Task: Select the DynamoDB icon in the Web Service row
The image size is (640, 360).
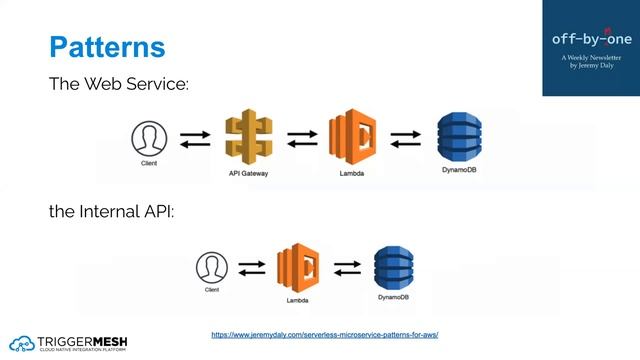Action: (x=460, y=136)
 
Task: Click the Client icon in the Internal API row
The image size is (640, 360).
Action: (x=211, y=267)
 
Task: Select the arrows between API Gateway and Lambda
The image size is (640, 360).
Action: (x=301, y=138)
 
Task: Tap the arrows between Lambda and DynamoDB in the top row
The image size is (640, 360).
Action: (x=405, y=138)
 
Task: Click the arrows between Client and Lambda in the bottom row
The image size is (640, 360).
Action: (x=252, y=268)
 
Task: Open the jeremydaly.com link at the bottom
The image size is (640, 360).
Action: (x=325, y=333)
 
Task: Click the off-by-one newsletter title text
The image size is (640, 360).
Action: (x=591, y=39)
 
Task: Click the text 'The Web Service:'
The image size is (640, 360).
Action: (x=119, y=84)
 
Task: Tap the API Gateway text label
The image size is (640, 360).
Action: (x=248, y=174)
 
